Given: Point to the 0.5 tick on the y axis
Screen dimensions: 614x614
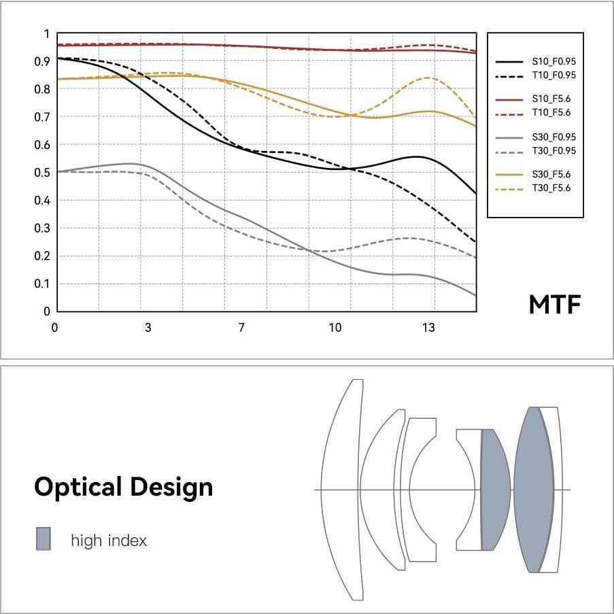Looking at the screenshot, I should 43,173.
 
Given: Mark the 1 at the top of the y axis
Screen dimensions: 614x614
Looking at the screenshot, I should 46,34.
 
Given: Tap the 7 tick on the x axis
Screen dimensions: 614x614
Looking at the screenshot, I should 241,328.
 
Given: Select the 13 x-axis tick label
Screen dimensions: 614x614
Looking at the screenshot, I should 428,328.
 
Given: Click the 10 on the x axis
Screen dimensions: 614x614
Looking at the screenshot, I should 335,328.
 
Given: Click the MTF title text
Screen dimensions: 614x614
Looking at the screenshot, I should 555,305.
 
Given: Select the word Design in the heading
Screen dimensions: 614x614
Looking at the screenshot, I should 170,487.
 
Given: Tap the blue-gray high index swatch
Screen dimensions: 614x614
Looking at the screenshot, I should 43,538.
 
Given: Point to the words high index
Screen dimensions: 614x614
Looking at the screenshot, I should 109,541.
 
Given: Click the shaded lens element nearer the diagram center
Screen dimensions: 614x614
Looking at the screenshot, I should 494,490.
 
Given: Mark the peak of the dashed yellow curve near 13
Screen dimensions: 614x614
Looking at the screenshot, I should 428,78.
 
